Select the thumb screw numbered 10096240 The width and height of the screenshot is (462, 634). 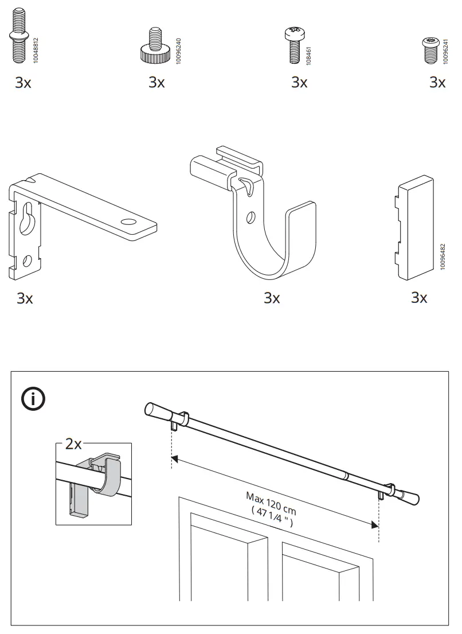coord(154,46)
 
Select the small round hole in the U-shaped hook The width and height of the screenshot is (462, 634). coord(250,218)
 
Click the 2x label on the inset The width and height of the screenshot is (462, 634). coord(73,444)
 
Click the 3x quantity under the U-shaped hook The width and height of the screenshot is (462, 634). coord(272,298)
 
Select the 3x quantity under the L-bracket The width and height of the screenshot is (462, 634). coord(25,298)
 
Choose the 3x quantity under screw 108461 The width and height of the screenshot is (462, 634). coord(299,83)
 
